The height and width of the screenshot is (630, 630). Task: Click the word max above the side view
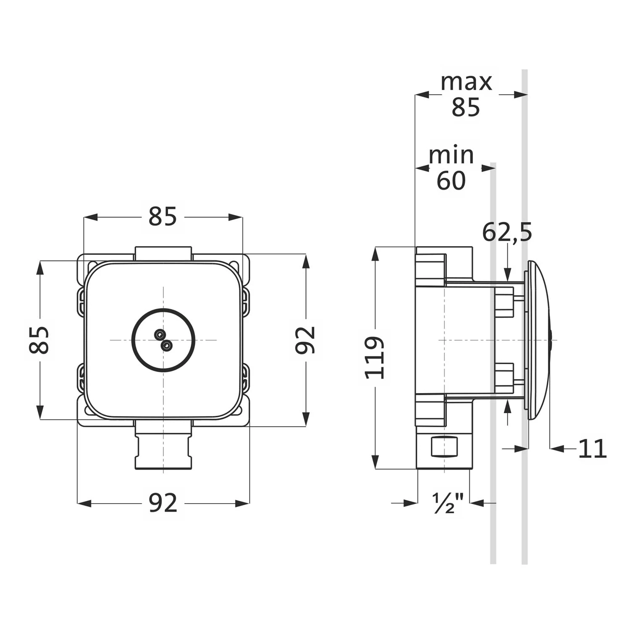466,82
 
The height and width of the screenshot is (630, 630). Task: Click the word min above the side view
451,155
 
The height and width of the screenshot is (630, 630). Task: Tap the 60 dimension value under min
451,181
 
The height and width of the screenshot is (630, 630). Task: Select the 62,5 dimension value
507,232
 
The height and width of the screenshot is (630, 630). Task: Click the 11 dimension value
593,449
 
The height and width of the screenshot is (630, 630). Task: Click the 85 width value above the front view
163,217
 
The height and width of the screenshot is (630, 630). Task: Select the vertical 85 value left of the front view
39,340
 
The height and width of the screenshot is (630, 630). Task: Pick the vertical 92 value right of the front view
305,340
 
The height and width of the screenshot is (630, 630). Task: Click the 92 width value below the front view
163,503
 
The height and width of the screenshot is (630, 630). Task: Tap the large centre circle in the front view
163,340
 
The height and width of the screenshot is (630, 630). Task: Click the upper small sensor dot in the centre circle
160,334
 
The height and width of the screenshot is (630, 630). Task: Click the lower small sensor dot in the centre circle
167,346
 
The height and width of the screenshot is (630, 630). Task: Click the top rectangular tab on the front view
163,254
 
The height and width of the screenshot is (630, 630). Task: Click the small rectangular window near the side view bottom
444,446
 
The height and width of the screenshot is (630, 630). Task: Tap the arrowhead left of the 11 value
557,449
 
